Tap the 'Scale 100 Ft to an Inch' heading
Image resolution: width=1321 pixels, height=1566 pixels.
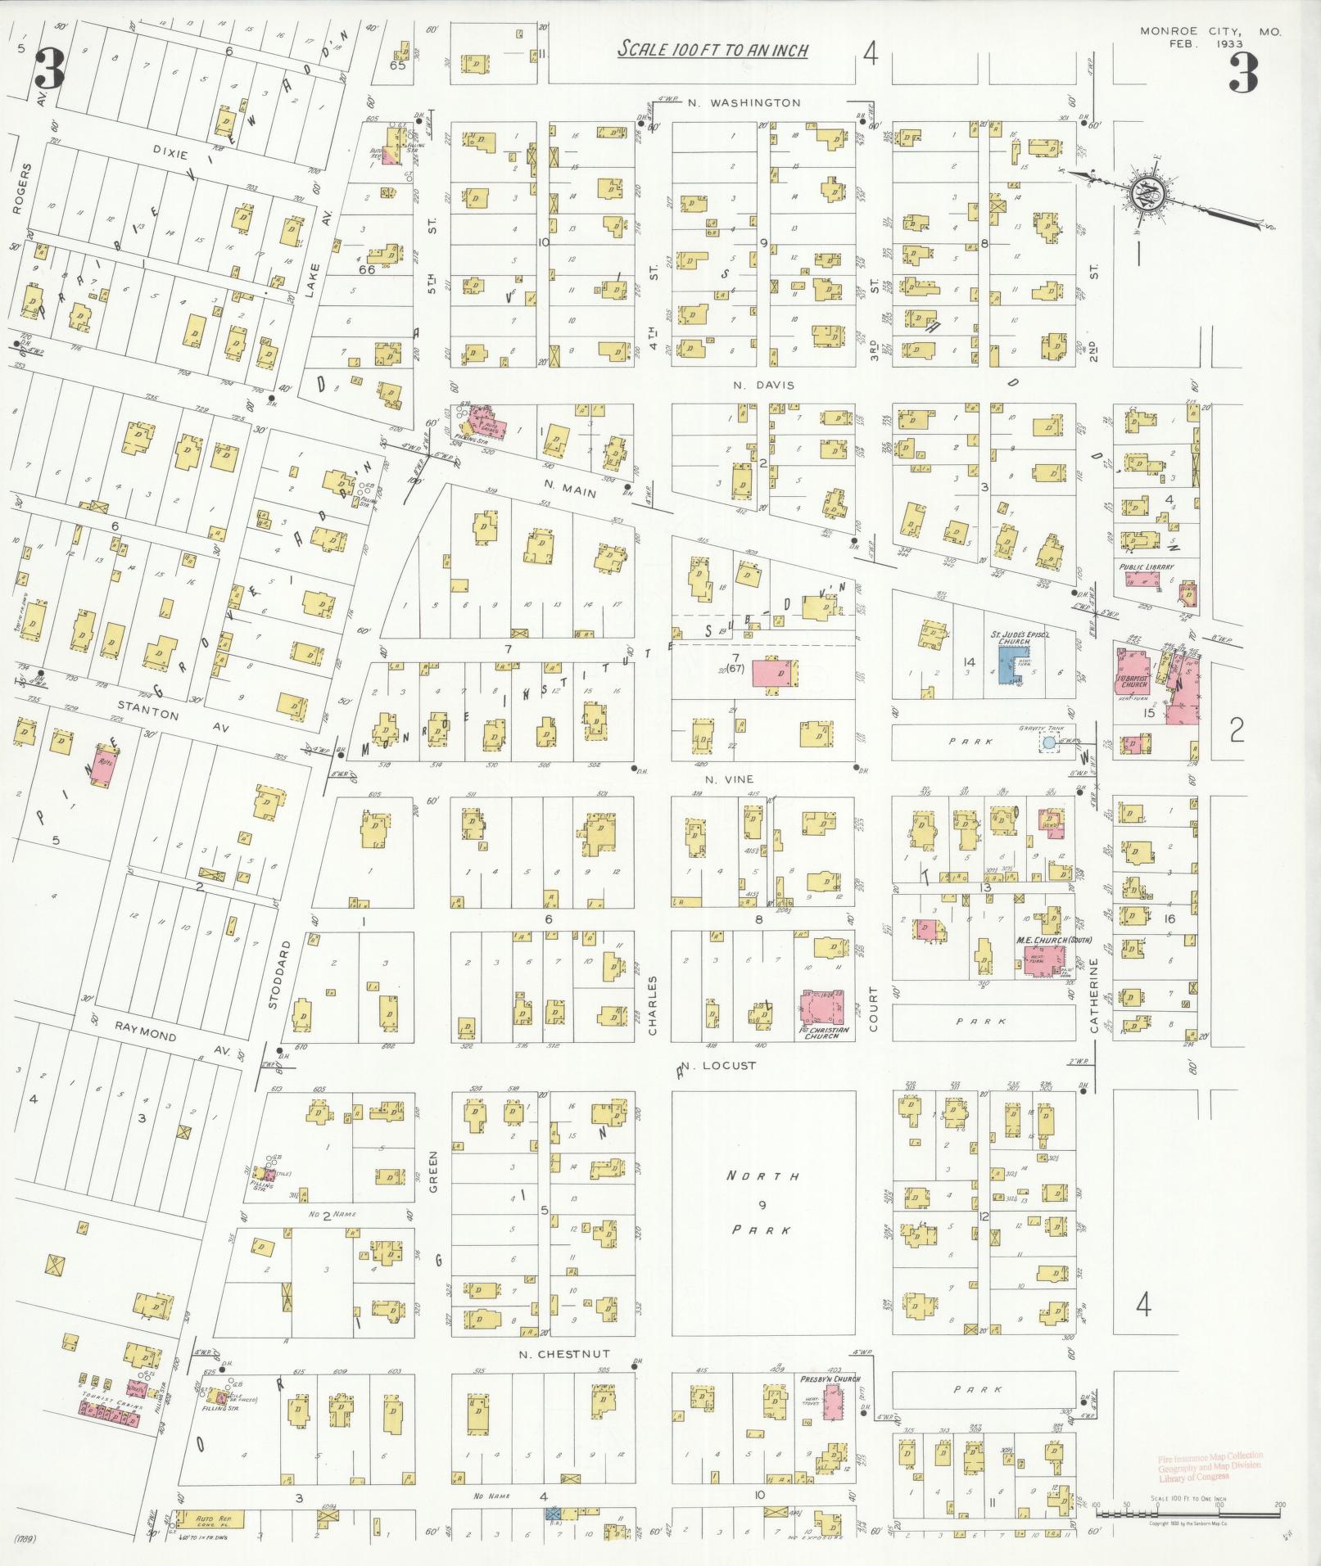(x=713, y=50)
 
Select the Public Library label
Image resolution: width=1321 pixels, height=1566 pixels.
(x=1147, y=566)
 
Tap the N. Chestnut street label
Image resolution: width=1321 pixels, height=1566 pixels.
(x=565, y=1353)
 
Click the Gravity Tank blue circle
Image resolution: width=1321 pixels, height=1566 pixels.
(x=1048, y=742)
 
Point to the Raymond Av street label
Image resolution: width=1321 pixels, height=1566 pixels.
(x=164, y=1040)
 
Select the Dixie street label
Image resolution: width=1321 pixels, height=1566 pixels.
(x=170, y=155)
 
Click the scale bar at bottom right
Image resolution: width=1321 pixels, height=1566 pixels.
(x=1188, y=1505)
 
